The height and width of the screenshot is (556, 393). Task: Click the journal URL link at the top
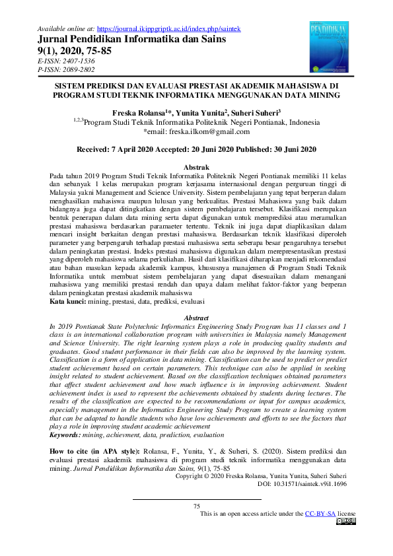click(x=172, y=29)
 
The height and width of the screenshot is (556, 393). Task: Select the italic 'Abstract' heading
click(x=196, y=318)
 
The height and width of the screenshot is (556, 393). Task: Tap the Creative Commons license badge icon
click(x=345, y=521)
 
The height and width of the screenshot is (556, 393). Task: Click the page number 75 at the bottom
click(x=196, y=506)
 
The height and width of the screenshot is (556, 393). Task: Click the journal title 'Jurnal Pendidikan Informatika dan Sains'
click(x=133, y=39)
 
